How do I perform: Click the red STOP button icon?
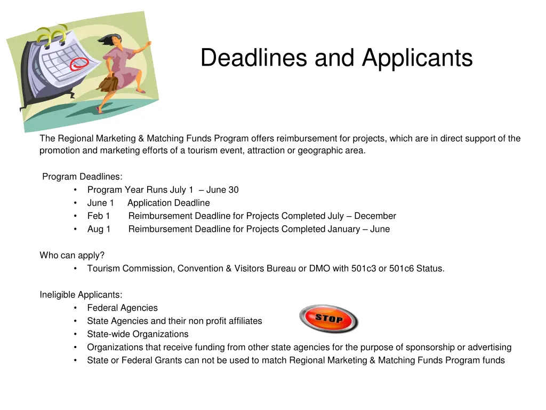click(328, 319)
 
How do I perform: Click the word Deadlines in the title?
click(253, 58)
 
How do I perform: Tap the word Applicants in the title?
click(417, 58)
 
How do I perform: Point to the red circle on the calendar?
click(79, 64)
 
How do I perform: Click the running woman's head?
click(116, 40)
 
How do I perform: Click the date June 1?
click(100, 203)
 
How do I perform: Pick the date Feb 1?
click(99, 216)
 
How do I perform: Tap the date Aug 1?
click(99, 229)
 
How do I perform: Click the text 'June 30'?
click(222, 190)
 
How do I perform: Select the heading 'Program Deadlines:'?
click(82, 177)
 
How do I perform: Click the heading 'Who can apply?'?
click(72, 255)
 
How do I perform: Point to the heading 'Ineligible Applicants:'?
click(81, 295)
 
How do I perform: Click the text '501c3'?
click(364, 269)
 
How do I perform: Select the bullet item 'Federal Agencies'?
click(123, 308)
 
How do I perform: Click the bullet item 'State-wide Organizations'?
click(138, 334)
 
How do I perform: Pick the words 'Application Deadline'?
click(168, 203)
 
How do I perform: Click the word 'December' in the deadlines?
click(375, 216)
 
